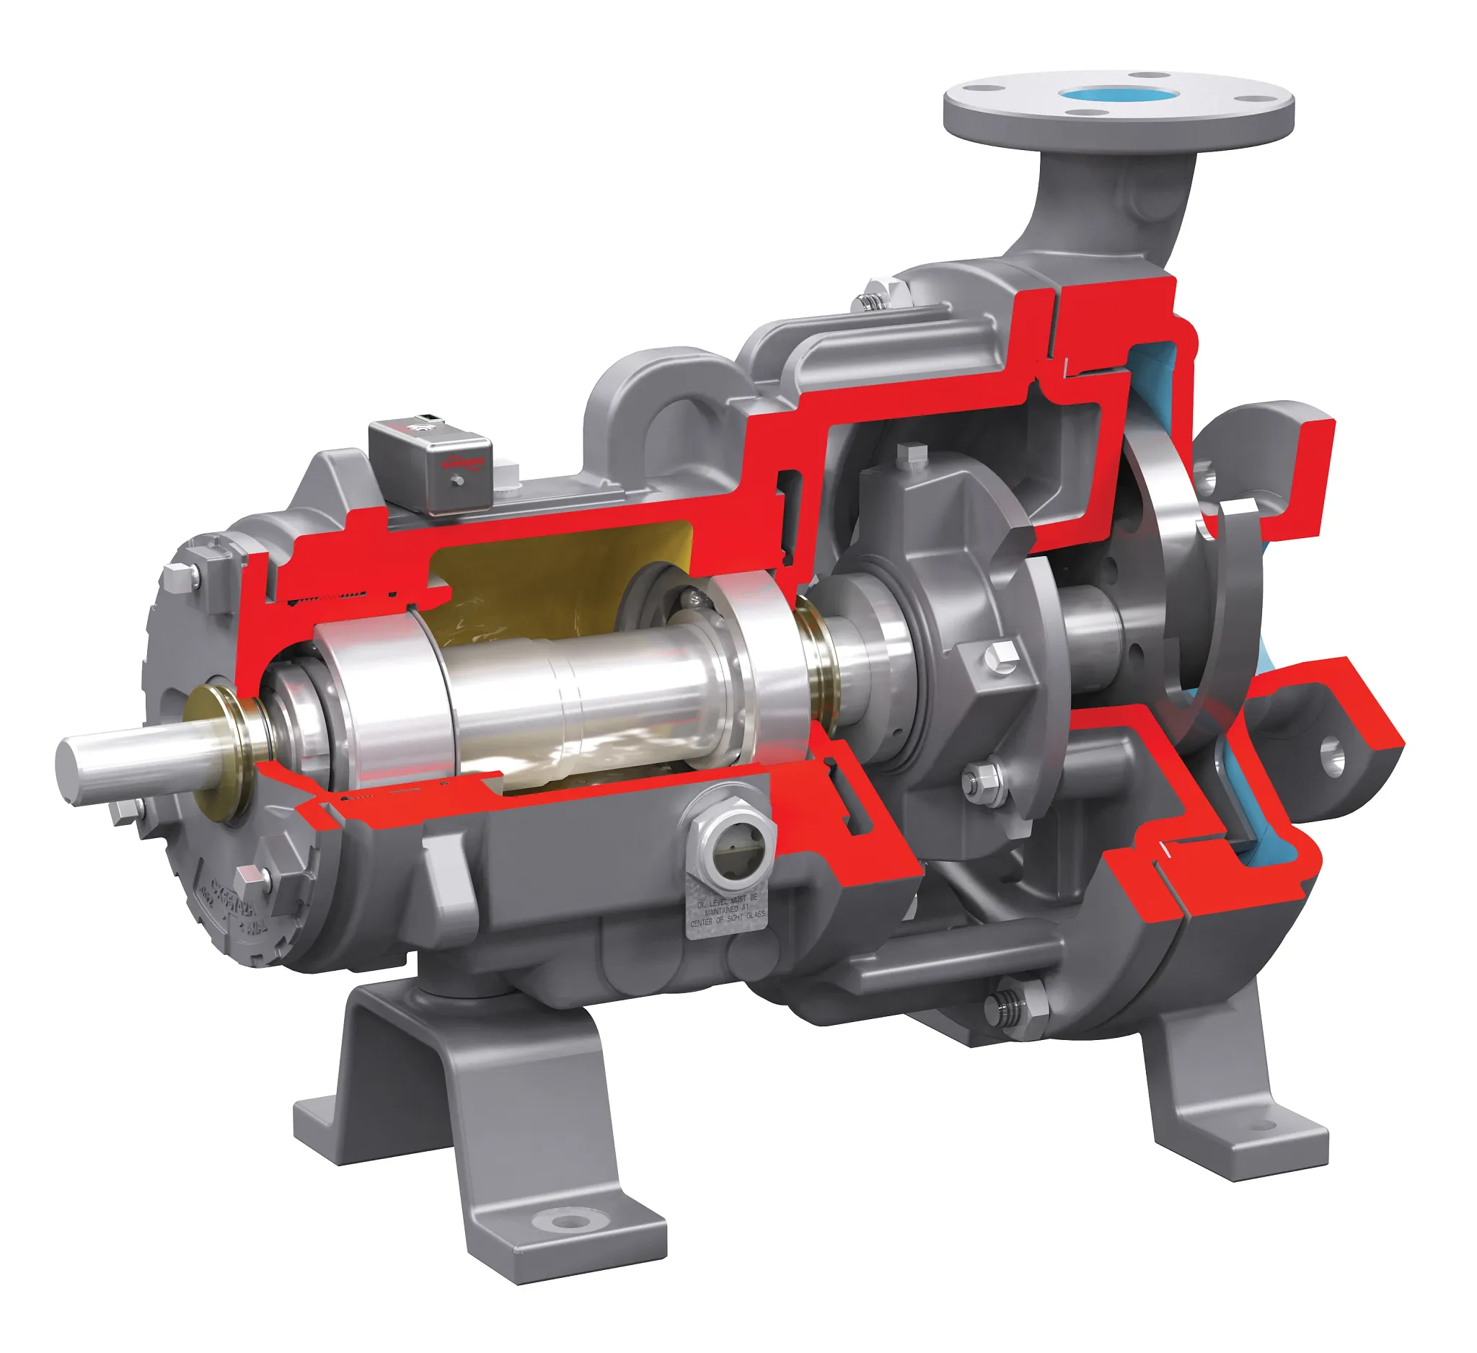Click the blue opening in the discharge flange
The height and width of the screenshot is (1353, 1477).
(1119, 94)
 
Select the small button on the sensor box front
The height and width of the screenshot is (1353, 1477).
(457, 480)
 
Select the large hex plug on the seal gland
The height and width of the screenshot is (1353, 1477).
(1001, 656)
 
